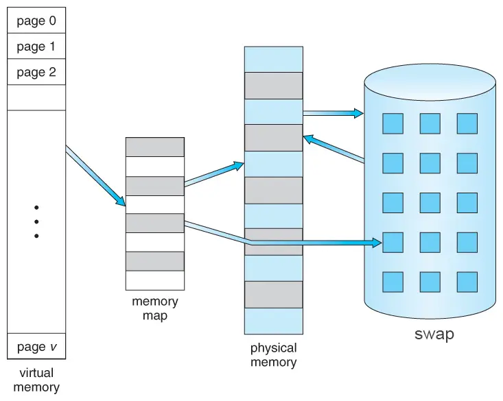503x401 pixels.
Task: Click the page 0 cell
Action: pos(36,21)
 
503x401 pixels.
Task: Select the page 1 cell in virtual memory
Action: pos(36,47)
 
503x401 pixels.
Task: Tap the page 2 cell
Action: pos(36,72)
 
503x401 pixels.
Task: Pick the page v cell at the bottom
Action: pos(36,346)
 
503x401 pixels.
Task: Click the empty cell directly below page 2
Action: pos(36,97)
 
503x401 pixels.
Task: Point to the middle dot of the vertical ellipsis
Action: pos(36,221)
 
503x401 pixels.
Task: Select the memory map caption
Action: pos(155,308)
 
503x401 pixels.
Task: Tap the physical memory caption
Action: pos(273,355)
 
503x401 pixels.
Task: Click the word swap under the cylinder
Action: pos(434,335)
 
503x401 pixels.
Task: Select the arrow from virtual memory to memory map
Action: pos(96,176)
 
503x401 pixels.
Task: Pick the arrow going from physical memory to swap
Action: pos(333,112)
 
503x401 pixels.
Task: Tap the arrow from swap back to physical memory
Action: pos(334,149)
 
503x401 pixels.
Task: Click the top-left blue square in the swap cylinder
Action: pos(393,123)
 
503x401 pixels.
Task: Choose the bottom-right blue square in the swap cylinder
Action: pos(467,282)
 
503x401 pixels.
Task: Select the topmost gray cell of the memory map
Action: pos(155,147)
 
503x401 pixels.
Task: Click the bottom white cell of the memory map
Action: pos(155,280)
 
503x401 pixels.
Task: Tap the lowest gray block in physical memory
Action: pos(273,294)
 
